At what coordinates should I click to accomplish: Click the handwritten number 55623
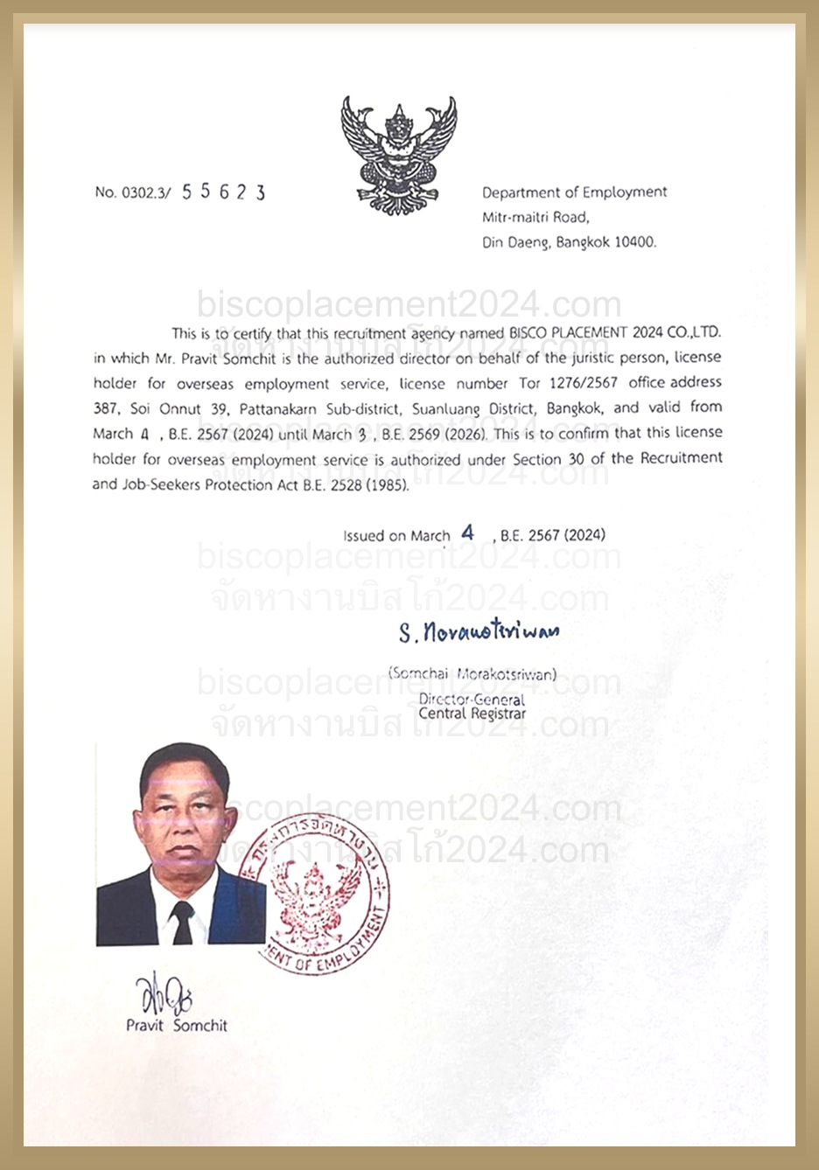click(x=223, y=192)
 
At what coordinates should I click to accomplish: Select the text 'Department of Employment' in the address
click(x=574, y=192)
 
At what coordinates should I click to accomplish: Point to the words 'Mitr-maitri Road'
click(x=535, y=217)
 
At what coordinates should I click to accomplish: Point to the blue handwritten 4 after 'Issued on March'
click(x=468, y=533)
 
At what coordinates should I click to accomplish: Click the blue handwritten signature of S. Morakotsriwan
click(x=479, y=631)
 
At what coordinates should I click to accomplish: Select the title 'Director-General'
click(x=472, y=699)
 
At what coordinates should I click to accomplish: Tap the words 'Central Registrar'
click(x=472, y=714)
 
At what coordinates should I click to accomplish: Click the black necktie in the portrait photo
click(x=182, y=923)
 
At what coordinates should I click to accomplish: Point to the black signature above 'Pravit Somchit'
click(x=164, y=994)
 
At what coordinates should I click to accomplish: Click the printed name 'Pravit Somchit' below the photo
click(x=177, y=1026)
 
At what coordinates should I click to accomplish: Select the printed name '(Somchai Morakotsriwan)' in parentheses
click(x=472, y=673)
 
